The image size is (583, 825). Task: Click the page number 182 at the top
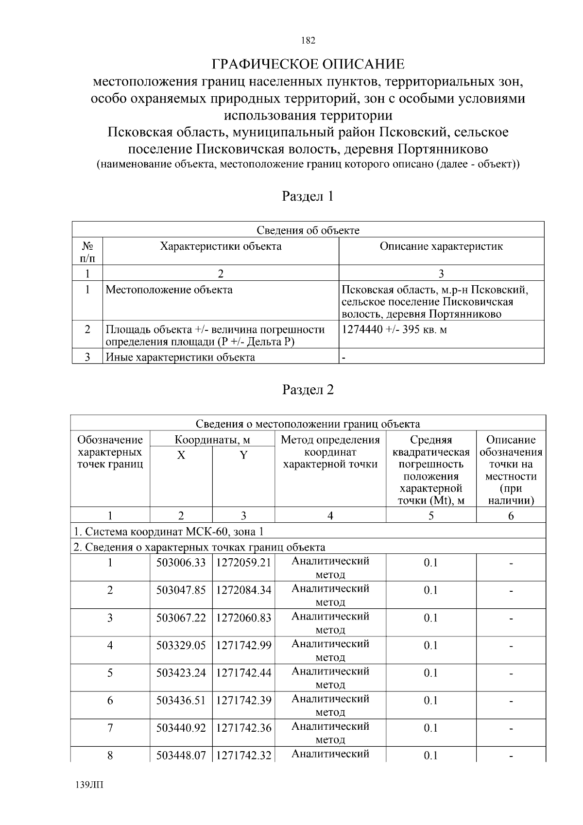(308, 40)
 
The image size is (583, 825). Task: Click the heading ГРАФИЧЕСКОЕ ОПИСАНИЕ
(308, 64)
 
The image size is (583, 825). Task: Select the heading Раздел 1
(308, 196)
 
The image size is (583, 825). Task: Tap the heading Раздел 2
(308, 390)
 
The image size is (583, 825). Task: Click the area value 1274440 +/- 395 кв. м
(394, 330)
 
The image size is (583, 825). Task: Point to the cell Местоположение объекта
(169, 290)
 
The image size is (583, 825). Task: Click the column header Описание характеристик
(441, 246)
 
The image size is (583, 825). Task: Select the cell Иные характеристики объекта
(180, 358)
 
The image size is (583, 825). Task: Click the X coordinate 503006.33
(181, 563)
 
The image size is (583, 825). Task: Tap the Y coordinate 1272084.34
(243, 590)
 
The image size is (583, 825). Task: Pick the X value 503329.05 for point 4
(181, 645)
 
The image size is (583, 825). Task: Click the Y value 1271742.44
(243, 673)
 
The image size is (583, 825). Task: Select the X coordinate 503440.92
(181, 728)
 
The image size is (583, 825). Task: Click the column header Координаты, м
(212, 440)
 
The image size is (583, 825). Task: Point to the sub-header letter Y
(243, 455)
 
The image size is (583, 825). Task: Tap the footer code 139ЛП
(90, 785)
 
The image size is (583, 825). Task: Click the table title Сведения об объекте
(308, 230)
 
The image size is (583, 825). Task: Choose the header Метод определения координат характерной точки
(330, 452)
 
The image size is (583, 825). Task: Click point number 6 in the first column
(110, 700)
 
